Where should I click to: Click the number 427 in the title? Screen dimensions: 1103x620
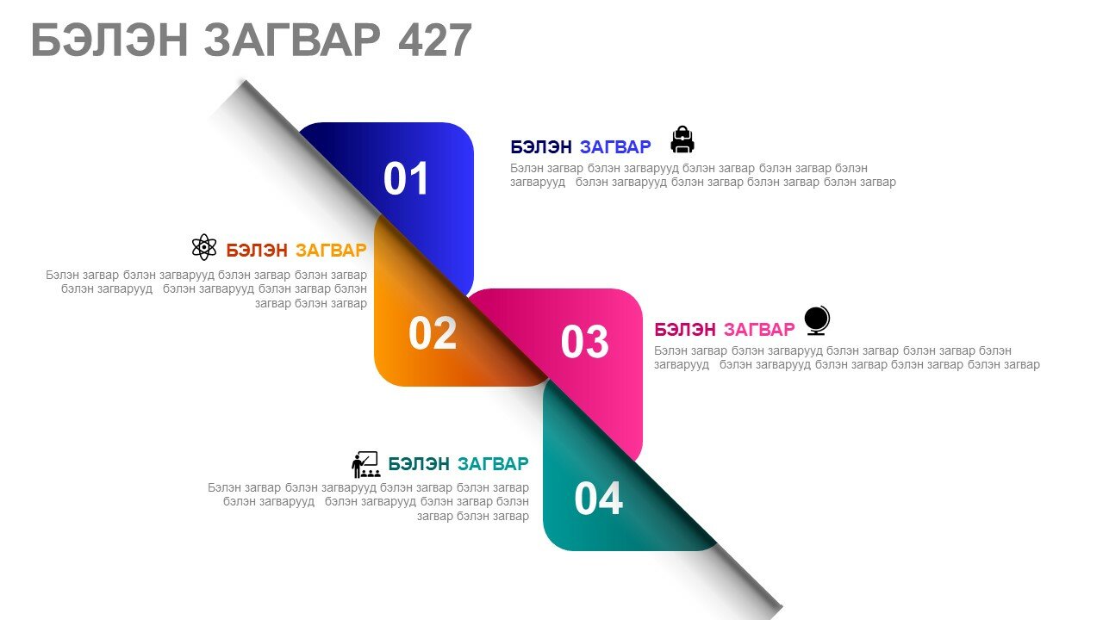tap(435, 40)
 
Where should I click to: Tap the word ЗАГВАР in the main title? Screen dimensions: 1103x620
tap(292, 40)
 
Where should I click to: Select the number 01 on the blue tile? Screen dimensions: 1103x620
tap(406, 178)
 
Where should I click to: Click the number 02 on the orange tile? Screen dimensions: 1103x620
tap(433, 333)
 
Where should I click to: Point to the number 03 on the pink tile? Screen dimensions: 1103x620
tap(585, 342)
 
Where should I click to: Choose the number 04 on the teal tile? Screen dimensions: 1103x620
tap(598, 499)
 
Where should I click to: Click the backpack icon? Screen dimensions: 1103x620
tap(682, 139)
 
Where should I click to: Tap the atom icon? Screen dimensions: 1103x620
tap(204, 247)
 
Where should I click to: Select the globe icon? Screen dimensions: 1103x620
tap(817, 321)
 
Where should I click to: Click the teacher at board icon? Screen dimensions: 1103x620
tap(366, 464)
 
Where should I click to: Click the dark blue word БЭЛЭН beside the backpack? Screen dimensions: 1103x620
tap(541, 147)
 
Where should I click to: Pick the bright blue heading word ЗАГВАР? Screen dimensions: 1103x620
tap(615, 147)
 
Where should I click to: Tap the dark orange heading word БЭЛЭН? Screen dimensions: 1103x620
tap(257, 251)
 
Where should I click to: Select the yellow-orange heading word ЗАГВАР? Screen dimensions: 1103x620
tap(331, 251)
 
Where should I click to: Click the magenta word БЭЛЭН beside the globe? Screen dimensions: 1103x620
tap(685, 330)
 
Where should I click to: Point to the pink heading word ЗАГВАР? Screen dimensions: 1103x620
tap(759, 330)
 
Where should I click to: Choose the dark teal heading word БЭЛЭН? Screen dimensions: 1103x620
tap(419, 464)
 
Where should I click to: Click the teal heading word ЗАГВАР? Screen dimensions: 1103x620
tap(493, 464)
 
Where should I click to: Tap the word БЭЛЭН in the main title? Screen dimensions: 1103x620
tap(109, 40)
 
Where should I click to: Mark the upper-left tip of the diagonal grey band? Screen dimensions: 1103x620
tap(244, 80)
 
